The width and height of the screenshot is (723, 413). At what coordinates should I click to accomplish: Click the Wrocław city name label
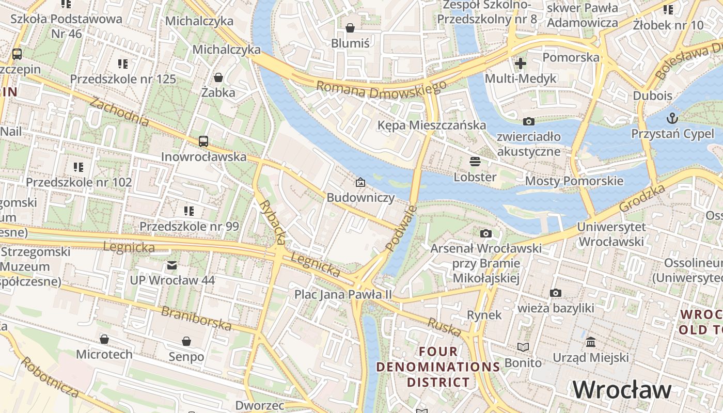pos(622,390)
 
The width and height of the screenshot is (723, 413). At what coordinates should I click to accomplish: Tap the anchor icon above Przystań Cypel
pos(672,118)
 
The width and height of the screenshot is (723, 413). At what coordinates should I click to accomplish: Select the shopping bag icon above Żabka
pos(218,77)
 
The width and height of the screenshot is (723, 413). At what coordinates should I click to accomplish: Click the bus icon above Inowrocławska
pos(203,141)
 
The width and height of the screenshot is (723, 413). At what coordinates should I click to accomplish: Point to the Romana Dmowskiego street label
pos(381,90)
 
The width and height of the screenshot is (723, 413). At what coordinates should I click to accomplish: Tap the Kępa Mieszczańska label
pos(431,125)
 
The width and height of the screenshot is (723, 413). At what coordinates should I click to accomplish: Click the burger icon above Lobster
pos(475,162)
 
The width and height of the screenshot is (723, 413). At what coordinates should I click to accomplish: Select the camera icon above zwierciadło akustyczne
pos(528,121)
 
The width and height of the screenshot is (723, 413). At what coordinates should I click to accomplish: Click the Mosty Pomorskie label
pos(574,181)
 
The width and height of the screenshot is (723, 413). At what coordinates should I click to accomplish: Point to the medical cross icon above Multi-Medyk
pos(521,63)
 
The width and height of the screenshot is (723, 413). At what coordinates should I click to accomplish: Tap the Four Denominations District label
pos(438,367)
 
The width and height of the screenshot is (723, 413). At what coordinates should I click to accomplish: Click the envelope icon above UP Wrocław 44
pos(171,265)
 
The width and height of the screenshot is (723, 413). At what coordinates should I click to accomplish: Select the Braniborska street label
pos(196,318)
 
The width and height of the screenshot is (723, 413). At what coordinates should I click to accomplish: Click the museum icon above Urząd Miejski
pos(591,342)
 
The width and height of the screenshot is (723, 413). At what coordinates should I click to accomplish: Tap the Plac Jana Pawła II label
pos(343,294)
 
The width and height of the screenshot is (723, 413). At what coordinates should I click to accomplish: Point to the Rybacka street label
pos(272,221)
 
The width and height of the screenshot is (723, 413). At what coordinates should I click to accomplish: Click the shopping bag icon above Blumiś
pos(350,28)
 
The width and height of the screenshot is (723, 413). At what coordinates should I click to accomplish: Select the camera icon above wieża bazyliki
pos(555,293)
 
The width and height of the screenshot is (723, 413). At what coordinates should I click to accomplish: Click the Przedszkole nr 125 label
pos(123,79)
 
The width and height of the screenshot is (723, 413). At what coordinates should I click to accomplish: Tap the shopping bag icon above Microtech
pos(104,339)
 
